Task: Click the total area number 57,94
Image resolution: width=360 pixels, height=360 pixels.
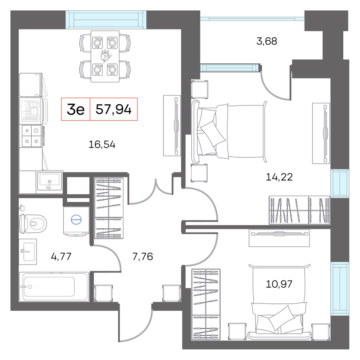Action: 113,109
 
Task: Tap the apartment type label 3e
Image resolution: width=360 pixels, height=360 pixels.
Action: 76,109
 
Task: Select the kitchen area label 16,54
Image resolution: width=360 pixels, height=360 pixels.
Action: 102,145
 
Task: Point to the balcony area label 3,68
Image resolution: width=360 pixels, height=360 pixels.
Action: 266,41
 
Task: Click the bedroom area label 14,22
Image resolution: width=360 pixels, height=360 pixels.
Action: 279,177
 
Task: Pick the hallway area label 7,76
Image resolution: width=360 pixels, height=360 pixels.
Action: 143,256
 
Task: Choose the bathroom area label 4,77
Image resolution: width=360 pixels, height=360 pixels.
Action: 61,256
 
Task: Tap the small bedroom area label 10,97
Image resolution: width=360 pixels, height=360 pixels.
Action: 279,284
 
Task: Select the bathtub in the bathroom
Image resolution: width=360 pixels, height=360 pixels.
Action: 54,287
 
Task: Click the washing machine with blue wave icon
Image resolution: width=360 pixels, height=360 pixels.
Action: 76,221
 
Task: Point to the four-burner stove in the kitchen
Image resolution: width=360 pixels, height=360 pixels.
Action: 32,136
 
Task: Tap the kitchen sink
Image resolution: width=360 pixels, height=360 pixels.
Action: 50,182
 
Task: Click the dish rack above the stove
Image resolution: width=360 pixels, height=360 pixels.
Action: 31,111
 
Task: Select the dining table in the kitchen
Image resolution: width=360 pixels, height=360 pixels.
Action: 105,56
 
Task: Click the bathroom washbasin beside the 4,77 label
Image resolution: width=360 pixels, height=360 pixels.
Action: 28,252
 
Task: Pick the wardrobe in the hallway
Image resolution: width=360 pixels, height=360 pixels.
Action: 109,208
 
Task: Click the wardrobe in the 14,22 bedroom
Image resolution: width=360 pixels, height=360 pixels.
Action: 300,210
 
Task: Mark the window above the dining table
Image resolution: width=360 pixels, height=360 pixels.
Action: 106,20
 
